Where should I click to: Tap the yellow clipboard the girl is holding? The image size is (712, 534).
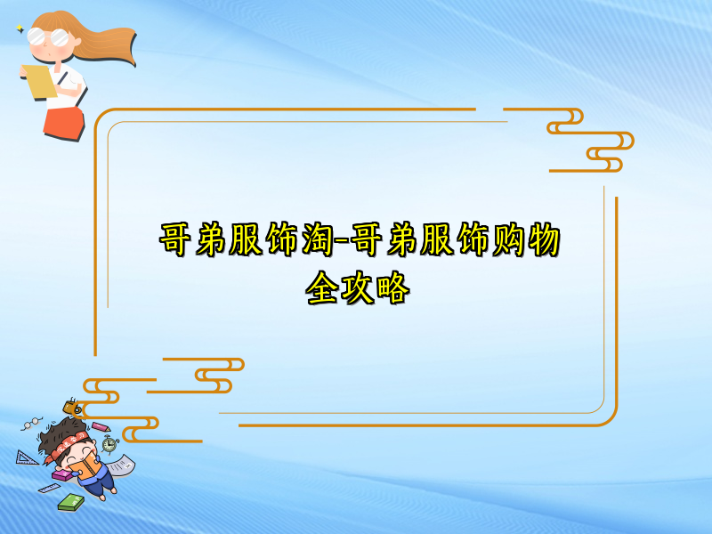click(x=40, y=81)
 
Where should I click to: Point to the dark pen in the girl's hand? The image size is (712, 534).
click(x=63, y=77)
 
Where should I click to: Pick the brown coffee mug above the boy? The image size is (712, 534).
click(x=71, y=408)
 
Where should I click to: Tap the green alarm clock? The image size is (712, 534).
click(x=109, y=442)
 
